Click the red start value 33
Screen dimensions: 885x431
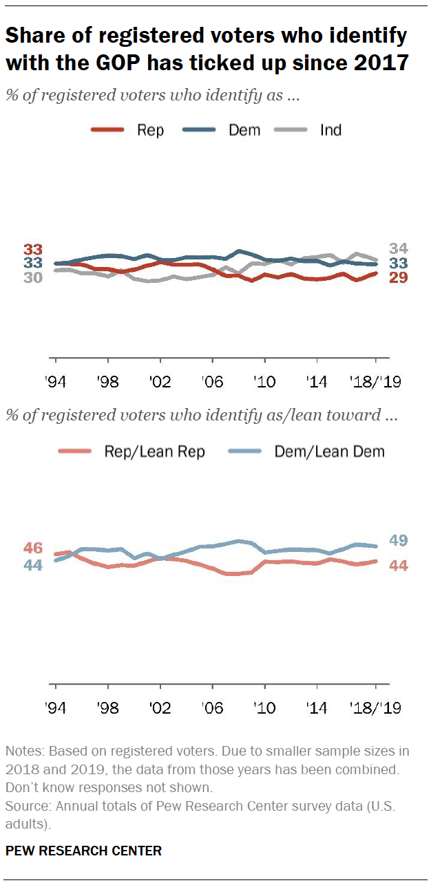coord(33,250)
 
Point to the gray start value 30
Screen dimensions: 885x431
coord(33,277)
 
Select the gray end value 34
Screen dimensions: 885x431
coord(399,249)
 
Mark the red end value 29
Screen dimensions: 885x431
coord(399,277)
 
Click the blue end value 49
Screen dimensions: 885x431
coord(399,541)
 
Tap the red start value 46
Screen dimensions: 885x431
coord(33,548)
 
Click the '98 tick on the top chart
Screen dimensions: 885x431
coord(108,381)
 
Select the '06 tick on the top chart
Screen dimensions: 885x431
coord(213,381)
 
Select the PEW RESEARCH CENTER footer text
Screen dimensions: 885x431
coord(84,851)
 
